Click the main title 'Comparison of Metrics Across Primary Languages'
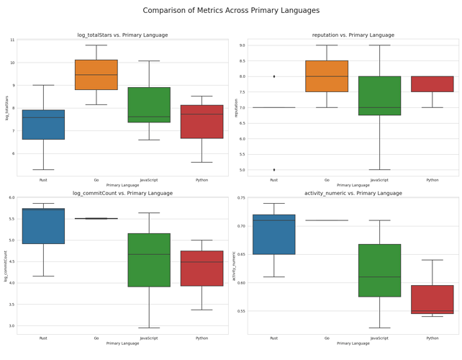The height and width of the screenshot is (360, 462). coord(231,11)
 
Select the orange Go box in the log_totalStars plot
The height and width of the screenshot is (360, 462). coord(96,75)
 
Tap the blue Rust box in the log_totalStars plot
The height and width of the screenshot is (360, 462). coord(43,125)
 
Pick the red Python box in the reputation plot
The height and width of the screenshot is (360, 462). coord(432,84)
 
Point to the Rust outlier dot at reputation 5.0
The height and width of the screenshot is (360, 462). coord(273,170)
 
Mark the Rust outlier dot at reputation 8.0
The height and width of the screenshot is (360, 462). coord(273,76)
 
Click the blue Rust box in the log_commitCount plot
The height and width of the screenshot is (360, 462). coord(43,226)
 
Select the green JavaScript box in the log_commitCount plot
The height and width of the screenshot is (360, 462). coord(149,260)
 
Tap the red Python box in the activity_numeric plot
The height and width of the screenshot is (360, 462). coord(432,300)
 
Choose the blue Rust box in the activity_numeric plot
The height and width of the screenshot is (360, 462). coord(273,235)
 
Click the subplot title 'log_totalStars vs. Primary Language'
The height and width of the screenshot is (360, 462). coord(122,35)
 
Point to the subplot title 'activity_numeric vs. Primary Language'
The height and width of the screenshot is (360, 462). coord(353,193)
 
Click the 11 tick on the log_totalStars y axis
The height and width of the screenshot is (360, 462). coord(12,40)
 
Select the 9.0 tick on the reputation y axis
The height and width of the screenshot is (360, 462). coord(242,45)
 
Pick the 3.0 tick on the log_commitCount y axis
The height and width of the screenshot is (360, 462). coord(11,326)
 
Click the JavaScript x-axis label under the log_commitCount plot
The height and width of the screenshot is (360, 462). coord(149,338)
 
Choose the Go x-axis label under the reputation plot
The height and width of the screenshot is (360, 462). coord(327,180)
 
